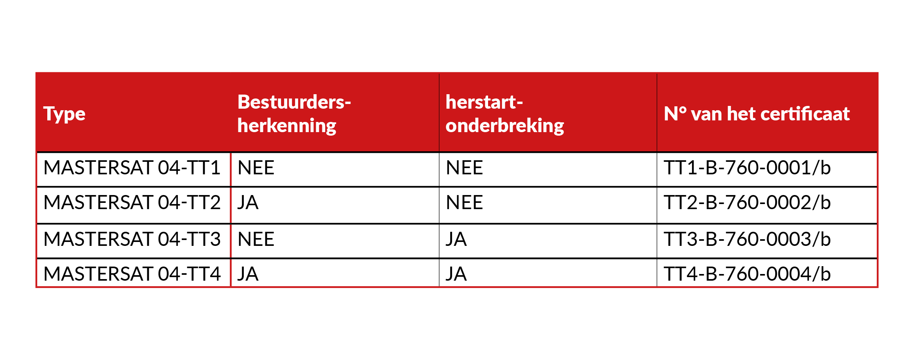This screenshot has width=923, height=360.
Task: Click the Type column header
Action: [64, 114]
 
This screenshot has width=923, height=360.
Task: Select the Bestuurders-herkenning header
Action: [294, 114]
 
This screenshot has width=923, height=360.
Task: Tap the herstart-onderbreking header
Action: [504, 114]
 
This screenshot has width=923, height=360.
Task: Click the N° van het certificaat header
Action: [757, 114]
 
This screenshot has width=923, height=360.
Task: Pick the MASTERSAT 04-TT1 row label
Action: [132, 168]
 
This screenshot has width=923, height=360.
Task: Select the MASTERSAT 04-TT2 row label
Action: [132, 202]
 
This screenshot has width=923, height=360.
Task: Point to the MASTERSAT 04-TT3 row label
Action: [132, 239]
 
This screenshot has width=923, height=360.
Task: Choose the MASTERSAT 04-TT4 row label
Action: [132, 274]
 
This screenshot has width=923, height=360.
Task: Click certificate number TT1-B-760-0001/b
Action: [747, 168]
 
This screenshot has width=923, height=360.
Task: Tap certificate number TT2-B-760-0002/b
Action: [747, 202]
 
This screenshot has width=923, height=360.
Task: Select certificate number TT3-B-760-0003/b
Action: [747, 239]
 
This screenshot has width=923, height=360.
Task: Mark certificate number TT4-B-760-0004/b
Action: [747, 274]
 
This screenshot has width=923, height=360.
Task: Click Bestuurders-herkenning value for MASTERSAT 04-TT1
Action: [256, 168]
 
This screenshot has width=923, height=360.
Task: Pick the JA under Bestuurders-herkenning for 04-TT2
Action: [248, 202]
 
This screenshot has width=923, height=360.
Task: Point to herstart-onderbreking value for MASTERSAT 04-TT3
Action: [456, 239]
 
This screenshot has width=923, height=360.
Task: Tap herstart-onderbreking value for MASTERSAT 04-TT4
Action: [456, 274]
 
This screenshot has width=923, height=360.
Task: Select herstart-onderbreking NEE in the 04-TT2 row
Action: [464, 202]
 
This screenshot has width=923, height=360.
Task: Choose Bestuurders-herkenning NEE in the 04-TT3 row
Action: [256, 239]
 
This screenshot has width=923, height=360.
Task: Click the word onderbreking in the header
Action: [504, 126]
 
